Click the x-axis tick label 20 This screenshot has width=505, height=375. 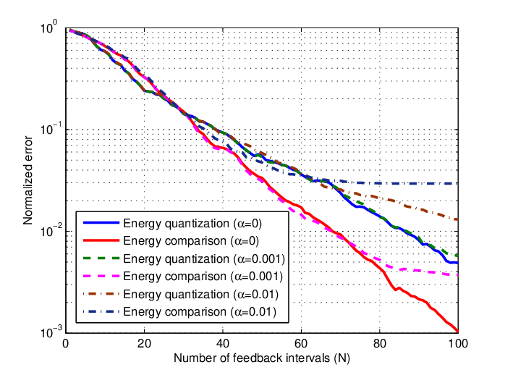click(x=144, y=344)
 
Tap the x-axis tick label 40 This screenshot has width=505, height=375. click(x=223, y=344)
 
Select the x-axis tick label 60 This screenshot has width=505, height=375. click(x=301, y=344)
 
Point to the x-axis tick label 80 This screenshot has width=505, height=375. click(x=380, y=344)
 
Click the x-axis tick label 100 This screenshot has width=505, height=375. click(x=457, y=344)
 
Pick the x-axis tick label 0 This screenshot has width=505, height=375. click(x=66, y=344)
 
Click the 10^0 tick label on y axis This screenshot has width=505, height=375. click(x=48, y=28)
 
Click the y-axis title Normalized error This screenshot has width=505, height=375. click(x=28, y=180)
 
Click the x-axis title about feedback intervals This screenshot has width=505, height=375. click(x=261, y=358)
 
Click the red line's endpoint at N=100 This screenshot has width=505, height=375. click(x=457, y=331)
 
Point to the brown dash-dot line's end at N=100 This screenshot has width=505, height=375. click(x=457, y=220)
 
